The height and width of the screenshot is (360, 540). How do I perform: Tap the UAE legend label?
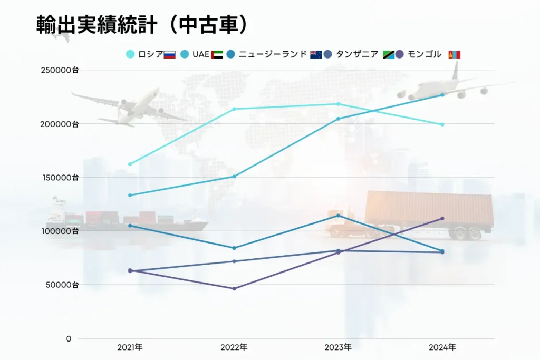pyautogui.click(x=200, y=54)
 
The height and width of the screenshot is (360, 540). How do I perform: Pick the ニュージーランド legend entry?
pyautogui.click(x=272, y=54)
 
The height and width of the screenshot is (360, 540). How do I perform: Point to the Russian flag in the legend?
pyautogui.click(x=169, y=54)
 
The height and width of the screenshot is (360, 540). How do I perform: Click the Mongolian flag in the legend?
pyautogui.click(x=454, y=54)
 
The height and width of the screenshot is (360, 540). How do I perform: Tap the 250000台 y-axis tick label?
pyautogui.click(x=60, y=71)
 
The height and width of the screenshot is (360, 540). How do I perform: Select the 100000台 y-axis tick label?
pyautogui.click(x=60, y=231)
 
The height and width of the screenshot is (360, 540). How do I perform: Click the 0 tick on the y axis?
pyautogui.click(x=69, y=338)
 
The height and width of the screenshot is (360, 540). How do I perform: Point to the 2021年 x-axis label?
pyautogui.click(x=130, y=347)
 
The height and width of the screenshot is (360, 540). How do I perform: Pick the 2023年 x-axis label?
pyautogui.click(x=338, y=347)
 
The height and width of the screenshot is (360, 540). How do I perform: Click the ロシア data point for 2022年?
pyautogui.click(x=234, y=109)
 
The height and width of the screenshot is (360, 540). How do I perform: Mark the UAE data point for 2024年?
pyautogui.click(x=442, y=95)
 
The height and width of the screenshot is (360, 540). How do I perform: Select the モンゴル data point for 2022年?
pyautogui.click(x=234, y=288)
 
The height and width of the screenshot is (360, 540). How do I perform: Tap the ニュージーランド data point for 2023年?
pyautogui.click(x=338, y=216)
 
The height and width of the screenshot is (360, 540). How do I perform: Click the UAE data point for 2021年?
pyautogui.click(x=130, y=195)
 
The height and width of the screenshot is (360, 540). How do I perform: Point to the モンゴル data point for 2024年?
pyautogui.click(x=442, y=218)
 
